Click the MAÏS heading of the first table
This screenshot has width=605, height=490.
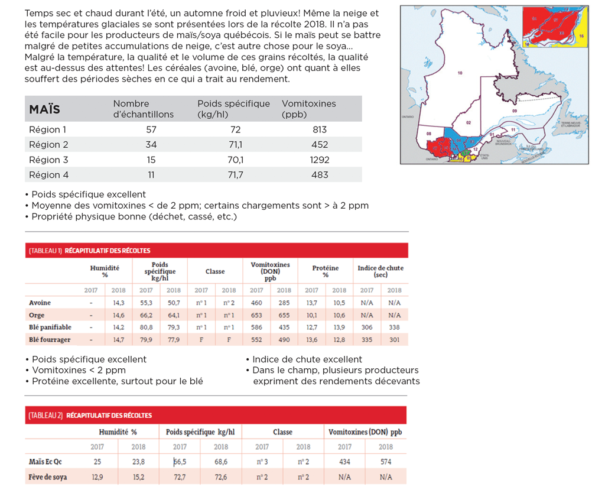tap(44, 109)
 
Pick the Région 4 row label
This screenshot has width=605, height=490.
tap(48, 175)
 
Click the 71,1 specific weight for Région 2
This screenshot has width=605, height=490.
tap(235, 145)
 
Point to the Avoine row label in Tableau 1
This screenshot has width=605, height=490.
tap(40, 303)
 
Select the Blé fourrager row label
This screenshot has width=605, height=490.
tap(50, 339)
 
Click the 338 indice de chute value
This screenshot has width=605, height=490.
tap(394, 327)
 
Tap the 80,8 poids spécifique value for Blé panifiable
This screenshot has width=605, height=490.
tap(145, 327)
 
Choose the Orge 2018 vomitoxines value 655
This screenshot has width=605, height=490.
tap(284, 315)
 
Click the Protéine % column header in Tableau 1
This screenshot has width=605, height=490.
tap(325, 271)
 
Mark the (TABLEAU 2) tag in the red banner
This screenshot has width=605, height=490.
tap(45, 416)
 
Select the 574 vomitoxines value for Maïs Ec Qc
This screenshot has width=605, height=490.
tap(385, 462)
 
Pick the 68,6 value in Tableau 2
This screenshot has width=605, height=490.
tap(220, 462)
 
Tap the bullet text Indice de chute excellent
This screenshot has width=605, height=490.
tap(307, 359)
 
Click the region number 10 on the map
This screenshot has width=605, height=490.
tap(460, 73)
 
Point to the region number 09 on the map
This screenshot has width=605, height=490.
tap(514, 111)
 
